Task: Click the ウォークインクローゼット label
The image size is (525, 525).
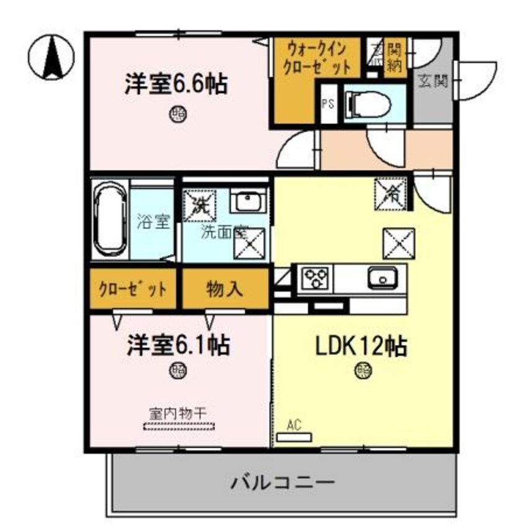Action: pos(316,57)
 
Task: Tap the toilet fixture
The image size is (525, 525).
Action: pos(367,104)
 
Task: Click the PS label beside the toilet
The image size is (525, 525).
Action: pos(327,104)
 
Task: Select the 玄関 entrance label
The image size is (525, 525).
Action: pos(433,81)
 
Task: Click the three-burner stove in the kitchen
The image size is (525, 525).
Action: pos(316,277)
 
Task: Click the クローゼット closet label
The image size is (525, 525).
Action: pos(133,289)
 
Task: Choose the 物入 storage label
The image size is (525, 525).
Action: pos(225,289)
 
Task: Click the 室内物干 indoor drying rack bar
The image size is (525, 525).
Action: pos(179,426)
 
